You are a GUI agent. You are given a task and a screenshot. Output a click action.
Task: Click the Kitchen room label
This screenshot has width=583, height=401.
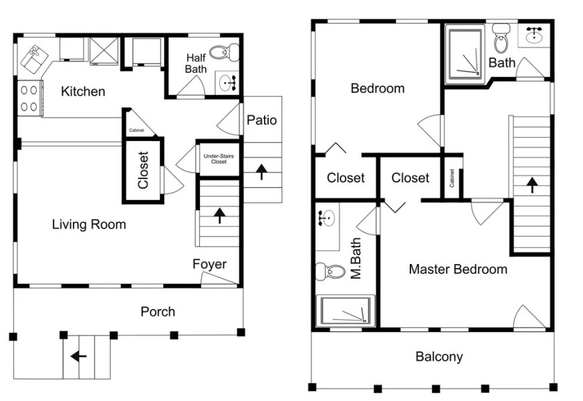[83, 91]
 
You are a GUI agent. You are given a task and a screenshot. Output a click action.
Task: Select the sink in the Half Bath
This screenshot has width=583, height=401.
[228, 83]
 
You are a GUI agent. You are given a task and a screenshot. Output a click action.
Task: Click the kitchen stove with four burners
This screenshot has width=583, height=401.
[29, 98]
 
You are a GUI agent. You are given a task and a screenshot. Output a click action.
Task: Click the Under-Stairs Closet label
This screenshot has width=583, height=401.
[219, 158]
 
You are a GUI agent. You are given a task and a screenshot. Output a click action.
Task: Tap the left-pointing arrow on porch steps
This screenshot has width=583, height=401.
[79, 357]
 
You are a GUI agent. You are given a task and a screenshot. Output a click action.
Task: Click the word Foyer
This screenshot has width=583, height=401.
[209, 264]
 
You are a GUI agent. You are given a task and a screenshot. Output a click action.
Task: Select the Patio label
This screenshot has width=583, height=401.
[261, 120]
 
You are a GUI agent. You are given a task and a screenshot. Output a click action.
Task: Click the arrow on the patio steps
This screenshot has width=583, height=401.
[261, 172]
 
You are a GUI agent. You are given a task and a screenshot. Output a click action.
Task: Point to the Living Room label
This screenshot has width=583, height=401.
[88, 225]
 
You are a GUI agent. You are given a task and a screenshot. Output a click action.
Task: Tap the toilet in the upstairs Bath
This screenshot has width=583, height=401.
[501, 41]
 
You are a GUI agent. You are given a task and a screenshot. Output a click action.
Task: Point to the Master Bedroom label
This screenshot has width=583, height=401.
[457, 269]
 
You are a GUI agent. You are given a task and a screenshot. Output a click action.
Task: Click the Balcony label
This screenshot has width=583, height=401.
[439, 357]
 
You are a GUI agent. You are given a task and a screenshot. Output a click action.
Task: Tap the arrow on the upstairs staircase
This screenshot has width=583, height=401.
[532, 184]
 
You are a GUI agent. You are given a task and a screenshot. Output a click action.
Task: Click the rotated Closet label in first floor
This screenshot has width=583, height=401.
[143, 170]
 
